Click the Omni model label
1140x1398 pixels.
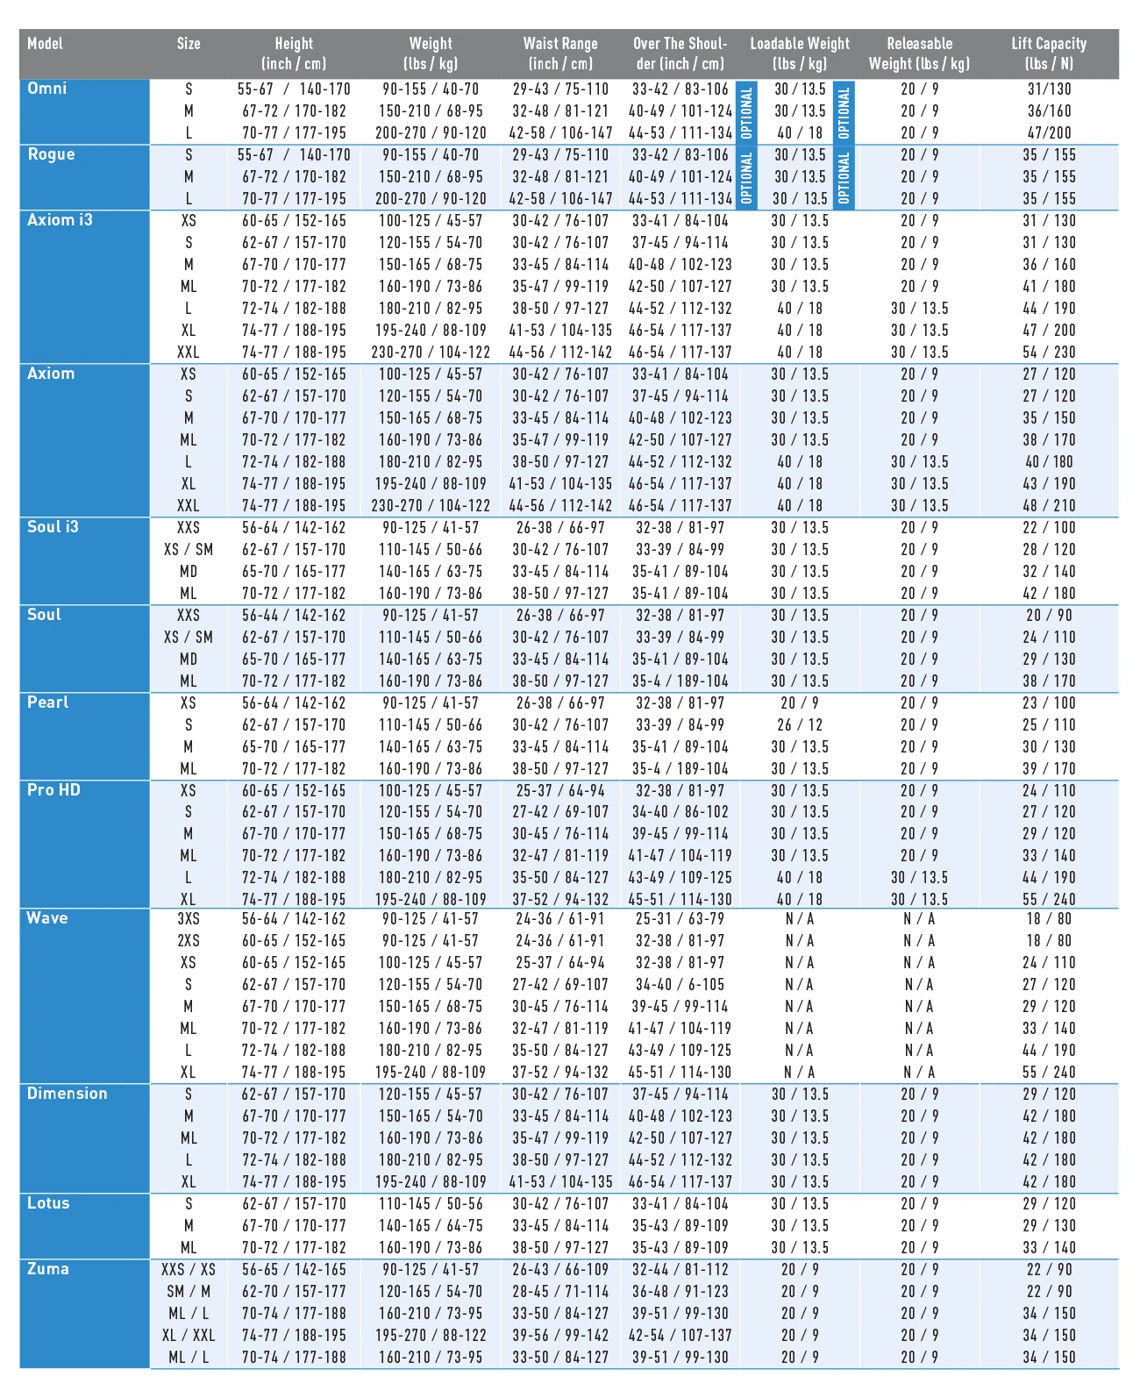(x=47, y=89)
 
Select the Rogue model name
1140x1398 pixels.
(x=51, y=154)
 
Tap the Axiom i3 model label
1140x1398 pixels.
(x=60, y=220)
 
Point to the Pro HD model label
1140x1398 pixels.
(x=53, y=790)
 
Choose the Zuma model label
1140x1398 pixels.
(x=47, y=1269)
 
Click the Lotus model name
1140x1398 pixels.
(x=48, y=1203)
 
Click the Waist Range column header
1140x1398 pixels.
(x=560, y=53)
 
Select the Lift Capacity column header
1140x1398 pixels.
(x=1049, y=53)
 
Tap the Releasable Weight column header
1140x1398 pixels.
(x=919, y=53)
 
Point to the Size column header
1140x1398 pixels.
(x=189, y=44)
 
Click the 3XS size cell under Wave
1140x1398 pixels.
(x=189, y=919)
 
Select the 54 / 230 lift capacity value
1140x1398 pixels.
(x=1049, y=353)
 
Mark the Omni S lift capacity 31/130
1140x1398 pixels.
(x=1049, y=89)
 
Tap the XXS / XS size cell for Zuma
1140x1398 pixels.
(x=189, y=1270)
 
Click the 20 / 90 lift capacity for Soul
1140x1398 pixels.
(x=1049, y=616)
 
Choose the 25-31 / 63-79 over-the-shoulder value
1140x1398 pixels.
(x=680, y=919)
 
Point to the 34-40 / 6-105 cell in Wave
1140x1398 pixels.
(x=680, y=985)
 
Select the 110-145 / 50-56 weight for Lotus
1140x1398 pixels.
(x=431, y=1204)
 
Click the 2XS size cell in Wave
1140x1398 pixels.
(x=189, y=941)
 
